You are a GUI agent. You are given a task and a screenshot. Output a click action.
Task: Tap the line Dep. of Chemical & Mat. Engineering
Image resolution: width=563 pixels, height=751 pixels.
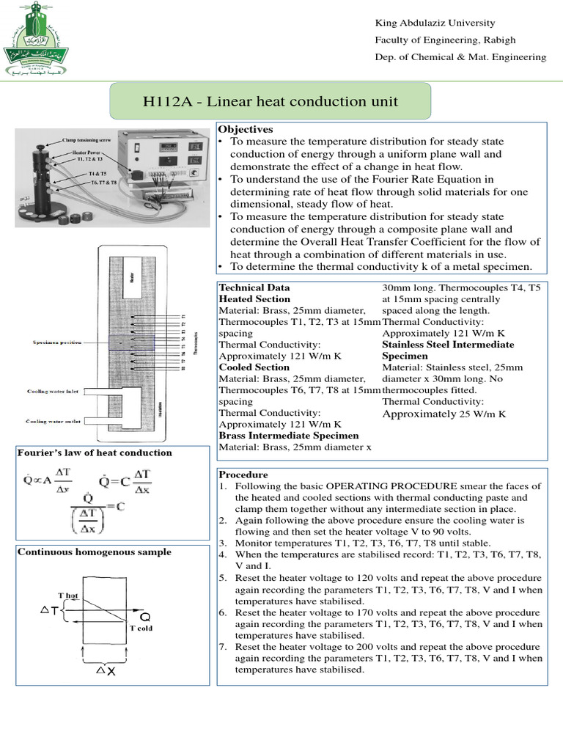[460, 56]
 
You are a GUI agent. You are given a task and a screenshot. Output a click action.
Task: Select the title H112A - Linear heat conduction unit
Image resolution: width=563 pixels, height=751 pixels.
[271, 100]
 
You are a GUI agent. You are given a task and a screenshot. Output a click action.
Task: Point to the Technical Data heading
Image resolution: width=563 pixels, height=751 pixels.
[254, 287]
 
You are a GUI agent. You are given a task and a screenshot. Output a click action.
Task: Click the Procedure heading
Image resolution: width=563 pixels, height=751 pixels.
[243, 475]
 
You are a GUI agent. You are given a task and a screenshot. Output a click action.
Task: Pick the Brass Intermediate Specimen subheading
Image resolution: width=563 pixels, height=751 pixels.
[279, 436]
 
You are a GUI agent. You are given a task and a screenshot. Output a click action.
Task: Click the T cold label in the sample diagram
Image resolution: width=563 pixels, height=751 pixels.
[141, 629]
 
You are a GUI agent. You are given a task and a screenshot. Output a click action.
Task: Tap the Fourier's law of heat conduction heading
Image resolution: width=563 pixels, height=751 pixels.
[95, 453]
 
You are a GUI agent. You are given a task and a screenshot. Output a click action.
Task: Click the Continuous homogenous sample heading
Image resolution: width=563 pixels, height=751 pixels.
[95, 552]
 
